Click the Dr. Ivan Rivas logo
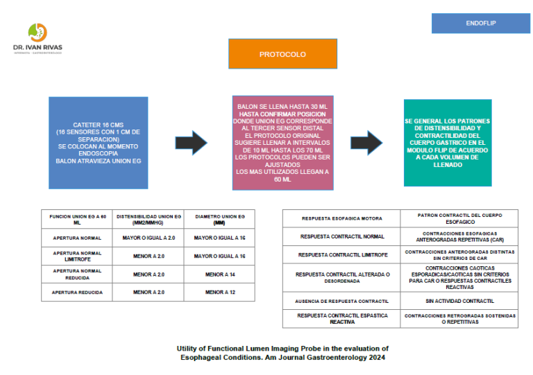[x=37, y=38]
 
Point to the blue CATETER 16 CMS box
[x=98, y=143]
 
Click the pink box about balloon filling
[x=282, y=143]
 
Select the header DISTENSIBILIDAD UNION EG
[x=149, y=220]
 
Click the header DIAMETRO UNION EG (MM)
[x=219, y=220]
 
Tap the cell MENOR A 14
[x=219, y=274]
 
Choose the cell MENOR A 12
[x=219, y=293]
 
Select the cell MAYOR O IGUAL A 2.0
[x=149, y=238]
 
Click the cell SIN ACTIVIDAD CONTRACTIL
[x=459, y=302]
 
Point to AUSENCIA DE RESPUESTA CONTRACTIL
[x=341, y=302]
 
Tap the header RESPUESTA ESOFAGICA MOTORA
[x=341, y=218]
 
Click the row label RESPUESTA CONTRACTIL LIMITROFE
[x=341, y=254]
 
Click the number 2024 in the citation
[x=373, y=358]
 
